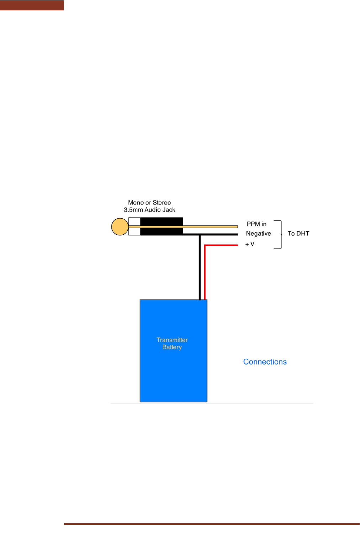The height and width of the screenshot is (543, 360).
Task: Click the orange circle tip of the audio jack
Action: click(x=120, y=227)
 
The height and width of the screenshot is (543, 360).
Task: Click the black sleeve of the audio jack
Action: click(x=162, y=226)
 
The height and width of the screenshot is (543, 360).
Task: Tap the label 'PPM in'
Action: click(x=256, y=224)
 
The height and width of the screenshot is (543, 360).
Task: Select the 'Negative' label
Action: click(x=258, y=233)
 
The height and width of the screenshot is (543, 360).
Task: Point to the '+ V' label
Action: click(x=250, y=244)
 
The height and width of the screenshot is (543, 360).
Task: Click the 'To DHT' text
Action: click(x=298, y=233)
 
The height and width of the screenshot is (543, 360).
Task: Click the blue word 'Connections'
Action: click(x=265, y=362)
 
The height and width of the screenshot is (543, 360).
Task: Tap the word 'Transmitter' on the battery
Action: click(x=172, y=340)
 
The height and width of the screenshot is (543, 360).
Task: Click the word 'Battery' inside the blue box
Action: click(x=172, y=347)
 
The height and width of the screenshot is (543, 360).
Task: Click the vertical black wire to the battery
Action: click(x=200, y=267)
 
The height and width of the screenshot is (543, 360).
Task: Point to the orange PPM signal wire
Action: click(x=183, y=227)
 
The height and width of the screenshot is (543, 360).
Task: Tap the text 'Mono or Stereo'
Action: click(x=149, y=202)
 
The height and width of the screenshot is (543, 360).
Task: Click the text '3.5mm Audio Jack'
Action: click(x=149, y=210)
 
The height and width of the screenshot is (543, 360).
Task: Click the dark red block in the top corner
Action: click(x=32, y=5)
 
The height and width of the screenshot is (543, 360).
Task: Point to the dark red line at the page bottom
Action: click(x=212, y=524)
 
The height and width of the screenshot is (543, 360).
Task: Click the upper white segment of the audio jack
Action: click(x=134, y=222)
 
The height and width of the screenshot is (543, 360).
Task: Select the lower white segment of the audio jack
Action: click(x=134, y=231)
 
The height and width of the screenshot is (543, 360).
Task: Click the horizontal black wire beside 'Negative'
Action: click(x=210, y=234)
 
